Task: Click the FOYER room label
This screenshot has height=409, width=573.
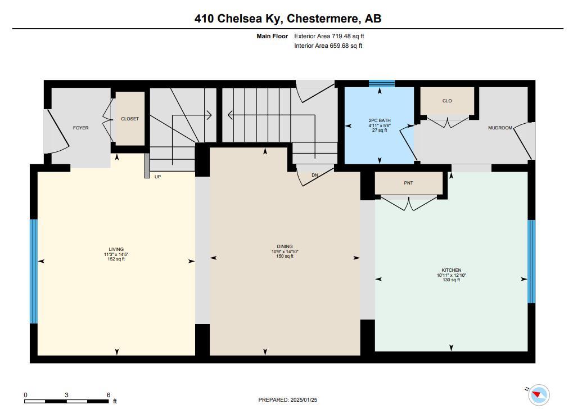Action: tap(81, 128)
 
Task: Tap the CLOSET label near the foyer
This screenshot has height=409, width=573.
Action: tap(130, 119)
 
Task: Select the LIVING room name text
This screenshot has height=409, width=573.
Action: tap(116, 249)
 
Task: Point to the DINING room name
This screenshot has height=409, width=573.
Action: tap(285, 246)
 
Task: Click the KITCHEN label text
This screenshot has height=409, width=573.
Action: tap(452, 270)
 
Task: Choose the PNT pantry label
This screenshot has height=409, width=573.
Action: tap(409, 183)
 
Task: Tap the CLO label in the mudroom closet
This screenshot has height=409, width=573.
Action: tap(447, 101)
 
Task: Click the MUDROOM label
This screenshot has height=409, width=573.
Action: tap(500, 128)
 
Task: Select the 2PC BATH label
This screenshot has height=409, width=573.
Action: tap(380, 120)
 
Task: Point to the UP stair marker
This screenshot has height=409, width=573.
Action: tap(157, 177)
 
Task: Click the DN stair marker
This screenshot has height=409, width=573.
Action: tap(315, 176)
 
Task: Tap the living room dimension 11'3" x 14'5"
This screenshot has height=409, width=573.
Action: tap(116, 254)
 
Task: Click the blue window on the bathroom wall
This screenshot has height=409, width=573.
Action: tap(381, 84)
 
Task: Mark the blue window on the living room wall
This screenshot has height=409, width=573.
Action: tap(34, 271)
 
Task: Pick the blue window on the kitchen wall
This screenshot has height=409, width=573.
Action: tap(531, 262)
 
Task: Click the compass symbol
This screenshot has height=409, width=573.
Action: tap(539, 395)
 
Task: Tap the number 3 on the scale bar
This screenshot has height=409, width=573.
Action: tap(66, 395)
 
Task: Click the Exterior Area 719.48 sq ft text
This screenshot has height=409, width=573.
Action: tap(329, 36)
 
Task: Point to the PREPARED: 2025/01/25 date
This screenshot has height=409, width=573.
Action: tap(287, 400)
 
